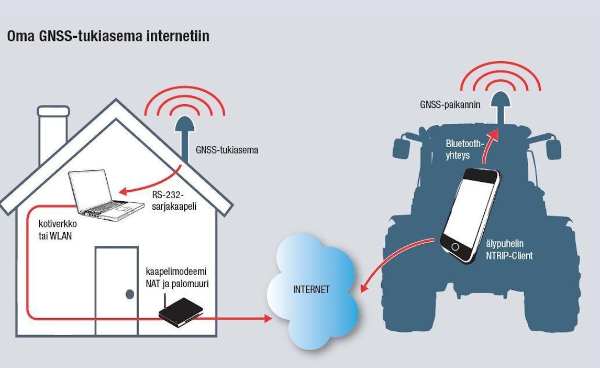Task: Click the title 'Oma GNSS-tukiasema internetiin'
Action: coord(108,37)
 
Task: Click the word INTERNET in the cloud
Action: coord(311,289)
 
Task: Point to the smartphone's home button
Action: coord(455,246)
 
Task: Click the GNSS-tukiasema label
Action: coord(227,150)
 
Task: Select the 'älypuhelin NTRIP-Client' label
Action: coord(508,250)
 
